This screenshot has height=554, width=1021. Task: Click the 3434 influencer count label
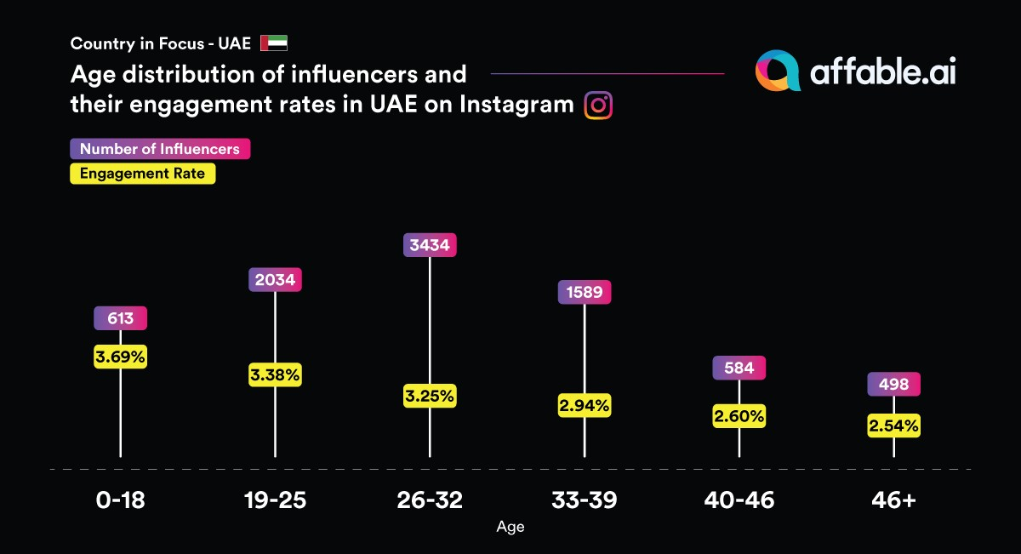click(x=430, y=245)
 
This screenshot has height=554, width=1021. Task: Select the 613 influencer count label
click(x=121, y=318)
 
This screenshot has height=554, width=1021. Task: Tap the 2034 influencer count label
click(x=276, y=279)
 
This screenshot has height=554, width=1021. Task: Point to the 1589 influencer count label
click(x=585, y=293)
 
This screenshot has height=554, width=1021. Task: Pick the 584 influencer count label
click(x=739, y=368)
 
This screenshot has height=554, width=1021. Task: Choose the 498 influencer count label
click(x=893, y=384)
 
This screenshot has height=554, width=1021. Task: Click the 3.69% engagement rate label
click(x=121, y=357)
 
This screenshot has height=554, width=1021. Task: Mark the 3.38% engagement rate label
click(x=276, y=374)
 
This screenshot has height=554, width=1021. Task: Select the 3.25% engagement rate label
click(x=430, y=396)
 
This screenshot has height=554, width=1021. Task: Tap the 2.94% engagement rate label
click(x=585, y=405)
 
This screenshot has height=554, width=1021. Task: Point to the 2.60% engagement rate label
click(x=739, y=416)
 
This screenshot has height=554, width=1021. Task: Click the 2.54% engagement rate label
click(x=893, y=425)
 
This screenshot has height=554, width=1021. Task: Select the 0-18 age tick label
click(x=121, y=500)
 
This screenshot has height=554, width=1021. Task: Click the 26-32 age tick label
click(x=430, y=500)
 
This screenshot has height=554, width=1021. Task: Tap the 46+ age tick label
click(x=893, y=500)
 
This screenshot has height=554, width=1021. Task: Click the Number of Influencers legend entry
click(x=160, y=149)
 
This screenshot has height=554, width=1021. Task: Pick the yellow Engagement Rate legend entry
click(x=142, y=174)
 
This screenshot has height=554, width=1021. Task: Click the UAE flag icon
click(x=274, y=43)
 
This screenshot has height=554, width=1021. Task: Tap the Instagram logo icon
click(x=599, y=105)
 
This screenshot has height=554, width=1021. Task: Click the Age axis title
click(x=510, y=528)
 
